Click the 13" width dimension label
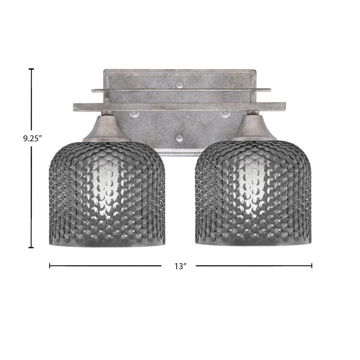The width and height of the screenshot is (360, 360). [180, 266]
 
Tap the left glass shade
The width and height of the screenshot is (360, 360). [107, 194]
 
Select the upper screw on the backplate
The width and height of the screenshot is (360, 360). [180, 85]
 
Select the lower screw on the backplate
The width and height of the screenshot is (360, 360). [180, 138]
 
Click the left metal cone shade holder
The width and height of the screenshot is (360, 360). [107, 128]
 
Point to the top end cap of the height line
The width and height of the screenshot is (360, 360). [31, 69]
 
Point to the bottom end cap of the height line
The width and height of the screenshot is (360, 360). [31, 248]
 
